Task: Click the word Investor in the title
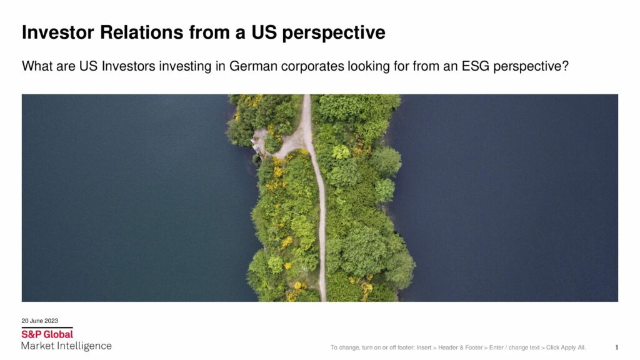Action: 58,32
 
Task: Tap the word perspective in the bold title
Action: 334,33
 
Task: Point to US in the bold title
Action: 263,32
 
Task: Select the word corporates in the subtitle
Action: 312,66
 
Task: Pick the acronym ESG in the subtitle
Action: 475,66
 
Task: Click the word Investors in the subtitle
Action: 129,66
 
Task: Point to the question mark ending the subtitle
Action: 565,66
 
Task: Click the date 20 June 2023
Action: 39,321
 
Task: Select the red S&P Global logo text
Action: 47,334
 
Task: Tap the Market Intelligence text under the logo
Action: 66,346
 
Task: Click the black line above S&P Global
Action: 47,327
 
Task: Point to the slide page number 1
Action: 616,347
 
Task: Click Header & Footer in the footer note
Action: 461,347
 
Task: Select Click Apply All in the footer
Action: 566,347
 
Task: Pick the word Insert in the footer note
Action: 424,347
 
